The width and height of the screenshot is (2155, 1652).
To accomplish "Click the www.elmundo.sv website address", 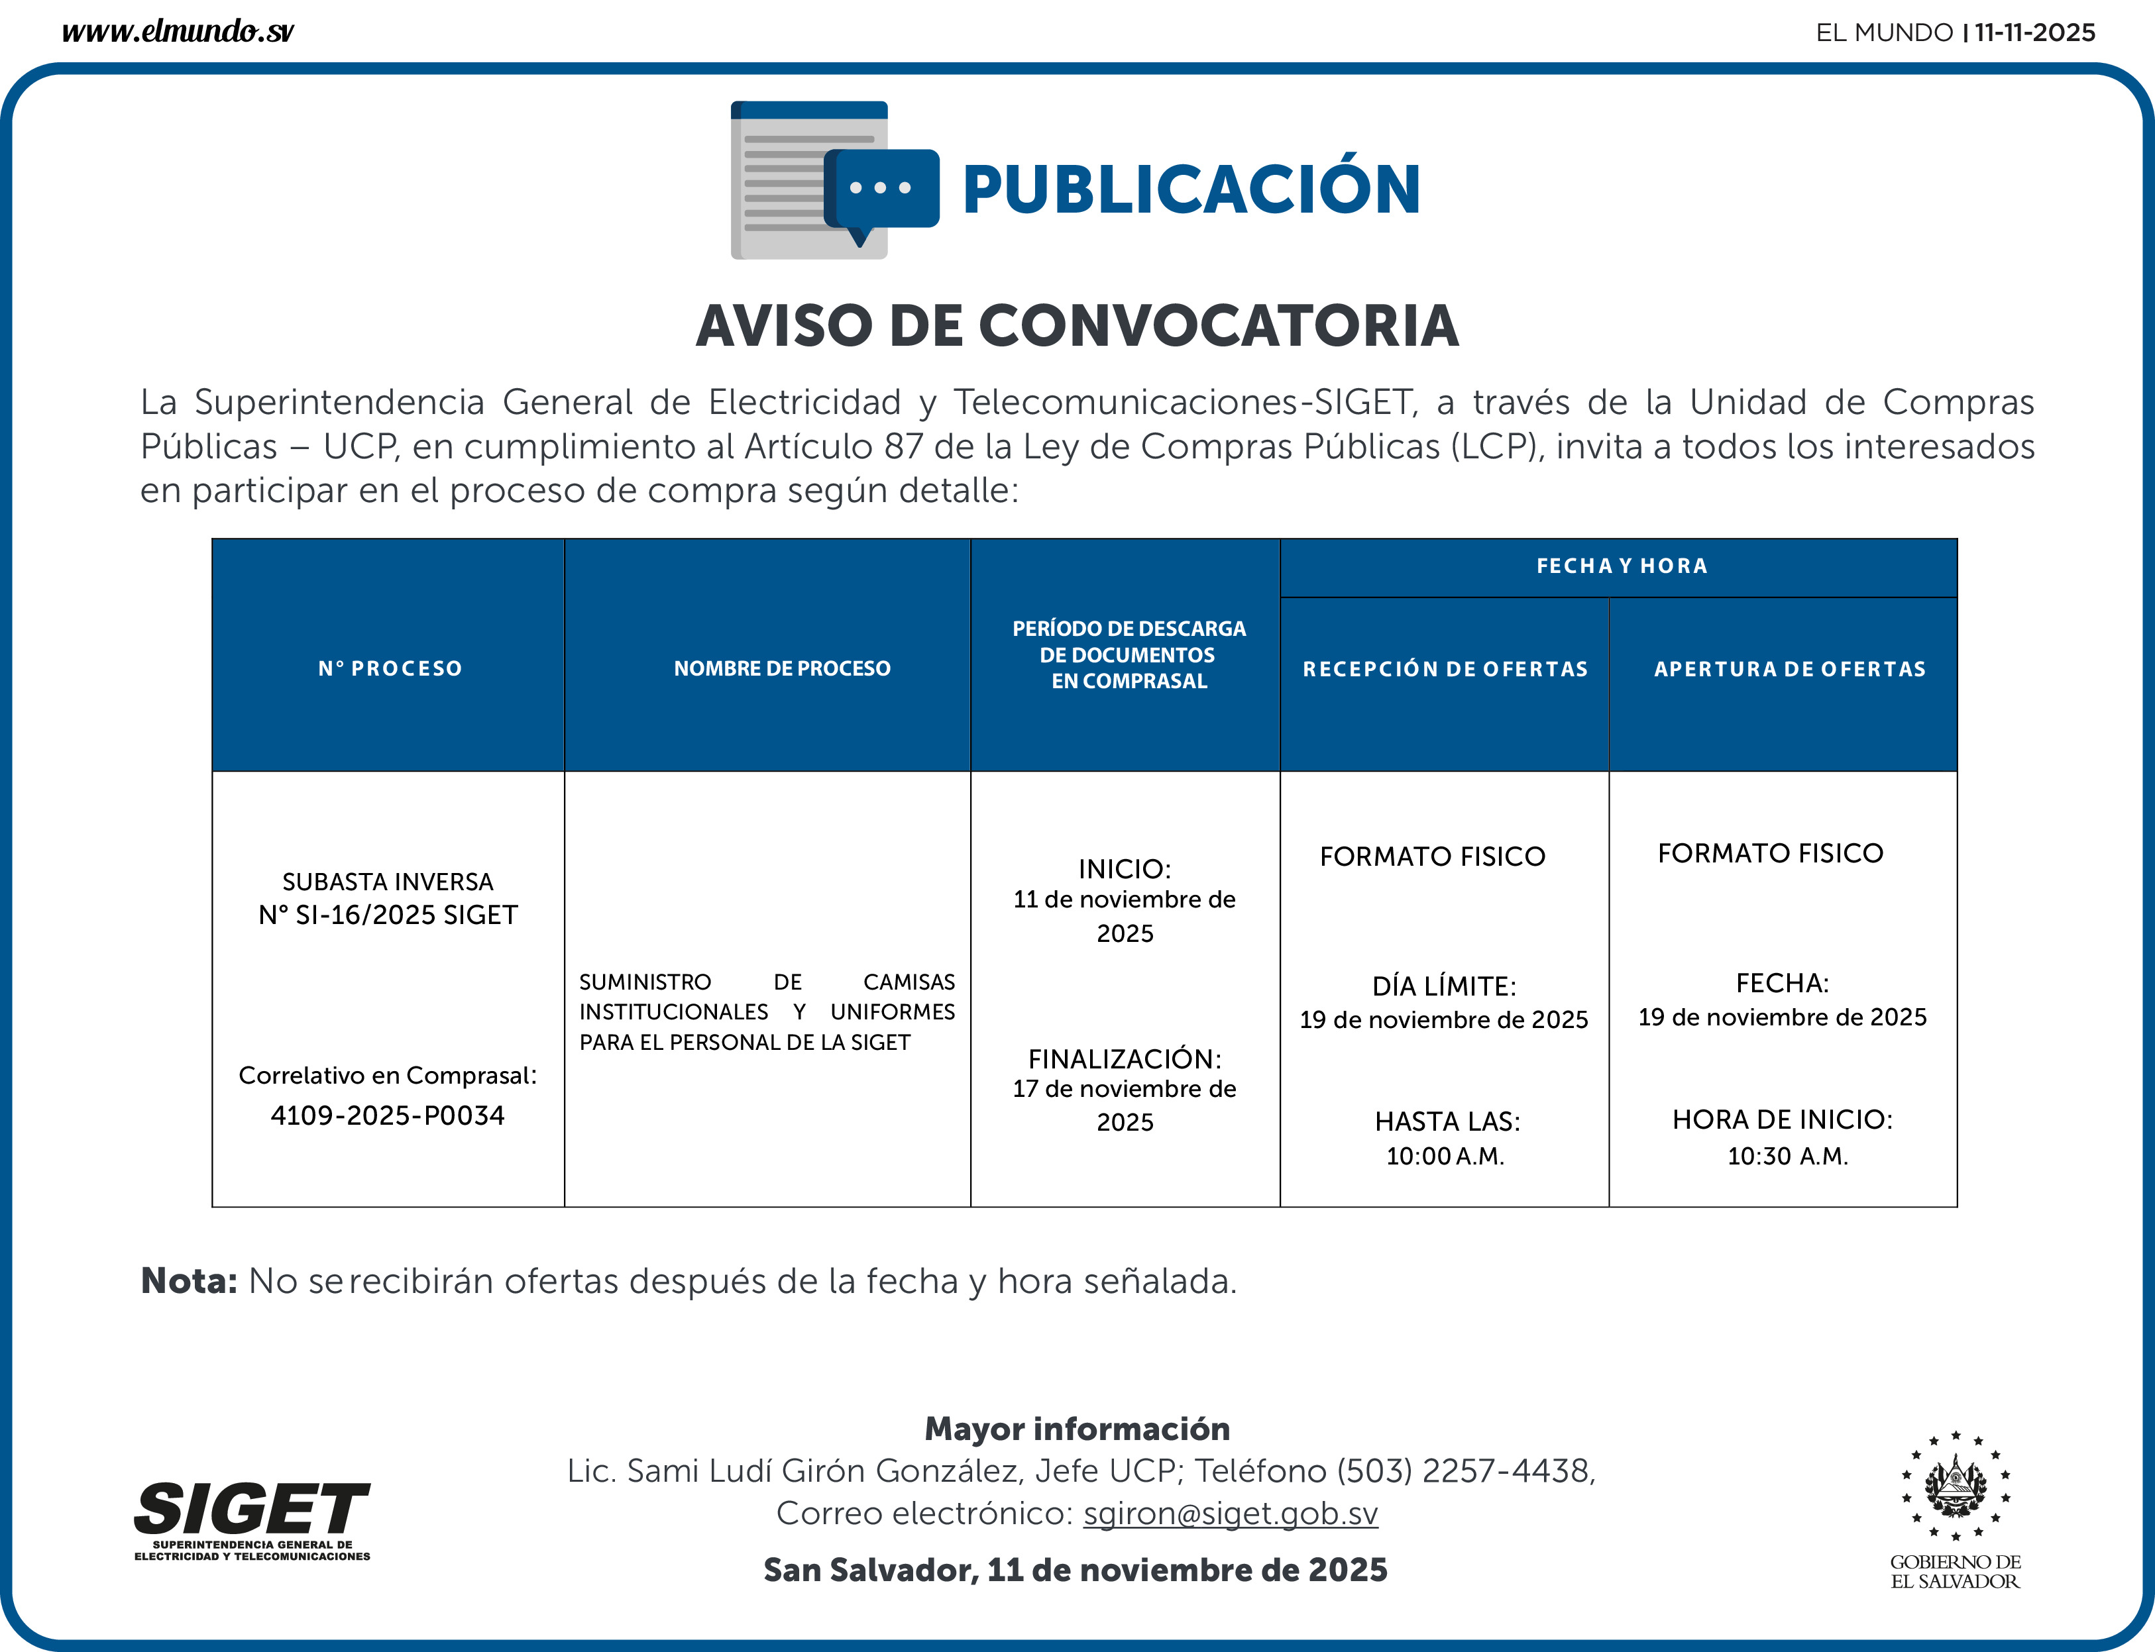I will (177, 32).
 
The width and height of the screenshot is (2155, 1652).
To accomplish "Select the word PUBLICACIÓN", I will (1191, 190).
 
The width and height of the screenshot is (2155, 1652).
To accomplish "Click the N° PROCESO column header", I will (390, 668).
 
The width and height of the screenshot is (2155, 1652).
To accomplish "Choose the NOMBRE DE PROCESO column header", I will (782, 668).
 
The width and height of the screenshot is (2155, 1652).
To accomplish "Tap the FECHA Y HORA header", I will (1621, 566).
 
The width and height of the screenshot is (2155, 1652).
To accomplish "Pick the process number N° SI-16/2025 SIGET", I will (388, 915).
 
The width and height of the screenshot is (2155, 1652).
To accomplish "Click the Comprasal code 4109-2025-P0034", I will (388, 1116).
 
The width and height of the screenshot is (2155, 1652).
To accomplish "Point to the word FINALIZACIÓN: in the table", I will (1125, 1059).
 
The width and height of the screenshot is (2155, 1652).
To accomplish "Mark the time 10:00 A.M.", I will (1445, 1157).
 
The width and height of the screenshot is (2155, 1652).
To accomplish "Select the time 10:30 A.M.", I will (1787, 1157).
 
